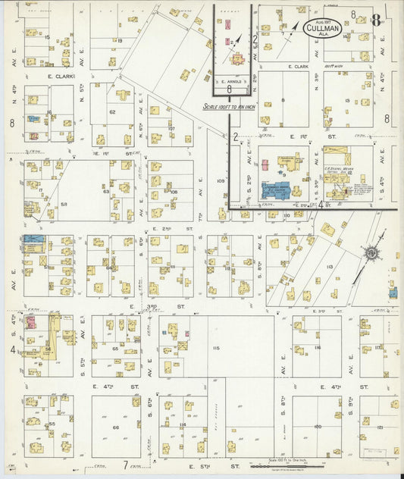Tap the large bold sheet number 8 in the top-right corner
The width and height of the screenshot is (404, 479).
[x=375, y=19]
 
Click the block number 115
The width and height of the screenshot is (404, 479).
[x=216, y=348]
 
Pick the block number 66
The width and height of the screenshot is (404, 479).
[x=115, y=427]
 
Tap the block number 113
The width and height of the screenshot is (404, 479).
[x=329, y=267]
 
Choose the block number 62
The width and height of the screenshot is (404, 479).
[x=111, y=112]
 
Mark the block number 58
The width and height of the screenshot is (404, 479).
[x=64, y=204]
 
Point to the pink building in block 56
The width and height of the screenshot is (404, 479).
[x=32, y=321]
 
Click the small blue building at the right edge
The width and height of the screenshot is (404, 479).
[x=393, y=292]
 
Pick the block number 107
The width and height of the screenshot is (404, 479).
[x=172, y=128]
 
